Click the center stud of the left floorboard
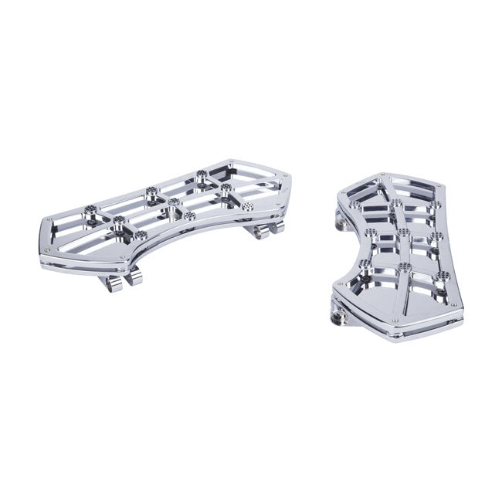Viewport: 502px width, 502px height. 173,202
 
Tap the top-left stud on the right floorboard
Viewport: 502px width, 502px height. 396,203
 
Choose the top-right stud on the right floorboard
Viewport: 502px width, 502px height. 436,205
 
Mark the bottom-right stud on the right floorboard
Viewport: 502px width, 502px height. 441,275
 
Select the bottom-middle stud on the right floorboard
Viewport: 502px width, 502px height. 404,268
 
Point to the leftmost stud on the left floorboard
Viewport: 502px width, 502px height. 91,209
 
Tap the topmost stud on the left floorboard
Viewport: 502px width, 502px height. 202,174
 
